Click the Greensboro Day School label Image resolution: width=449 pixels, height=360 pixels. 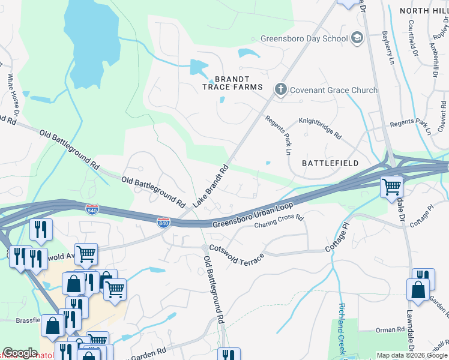coord(304,38)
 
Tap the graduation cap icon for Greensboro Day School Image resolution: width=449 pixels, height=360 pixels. coord(358,38)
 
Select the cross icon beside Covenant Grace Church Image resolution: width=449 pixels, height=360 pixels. coord(280,90)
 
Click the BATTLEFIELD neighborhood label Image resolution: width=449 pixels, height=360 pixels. coord(330,163)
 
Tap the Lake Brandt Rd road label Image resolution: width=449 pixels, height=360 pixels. coord(210,186)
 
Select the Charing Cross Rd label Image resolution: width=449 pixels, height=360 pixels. coord(279,223)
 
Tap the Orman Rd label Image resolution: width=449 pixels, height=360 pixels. coord(390,330)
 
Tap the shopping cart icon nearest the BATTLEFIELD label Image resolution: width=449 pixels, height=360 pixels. coord(391,187)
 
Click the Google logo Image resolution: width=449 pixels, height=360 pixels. coord(20,353)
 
